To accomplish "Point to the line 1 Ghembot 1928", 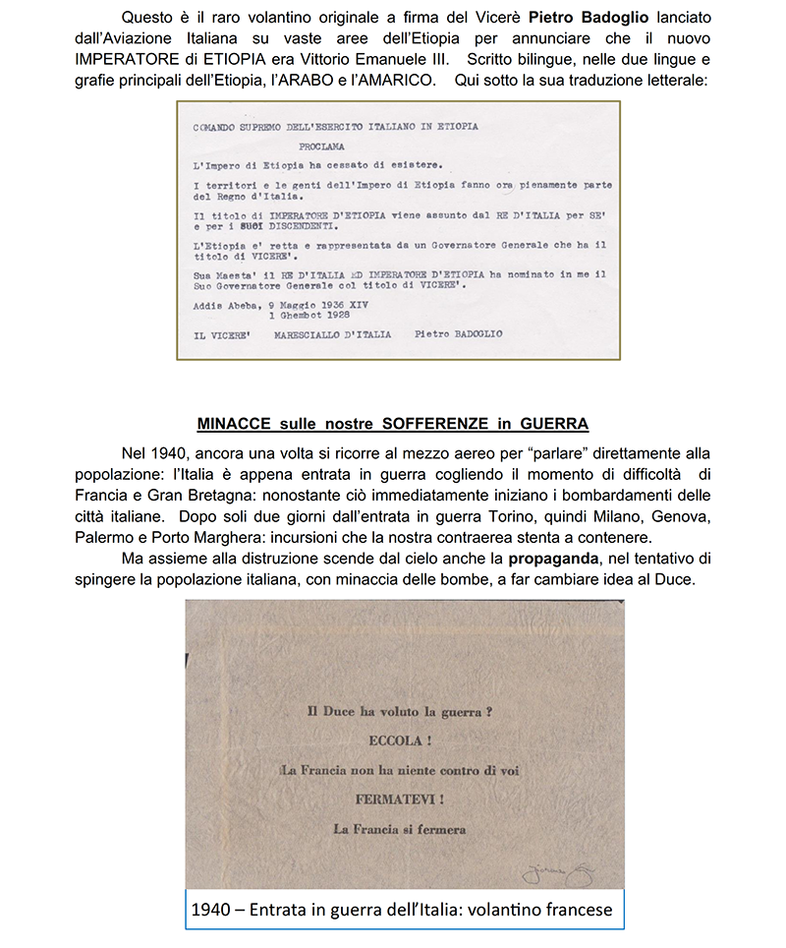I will [x=315, y=318].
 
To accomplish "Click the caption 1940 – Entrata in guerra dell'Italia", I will [x=403, y=910].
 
